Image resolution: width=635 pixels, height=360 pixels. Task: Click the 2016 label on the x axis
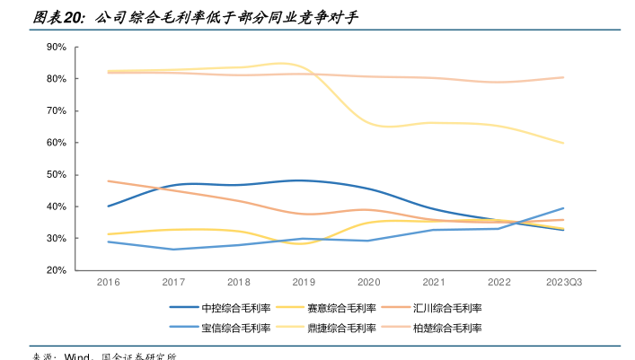109,282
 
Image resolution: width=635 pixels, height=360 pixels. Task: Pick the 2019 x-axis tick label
304,282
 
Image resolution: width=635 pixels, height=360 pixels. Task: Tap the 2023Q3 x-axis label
563,282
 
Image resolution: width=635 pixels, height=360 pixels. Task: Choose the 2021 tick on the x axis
434,282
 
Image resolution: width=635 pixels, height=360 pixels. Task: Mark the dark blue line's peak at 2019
304,180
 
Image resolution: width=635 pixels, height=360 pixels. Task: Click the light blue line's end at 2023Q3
563,208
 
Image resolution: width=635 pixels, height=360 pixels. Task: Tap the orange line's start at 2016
109,181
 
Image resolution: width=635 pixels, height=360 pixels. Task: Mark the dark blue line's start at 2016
109,206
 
